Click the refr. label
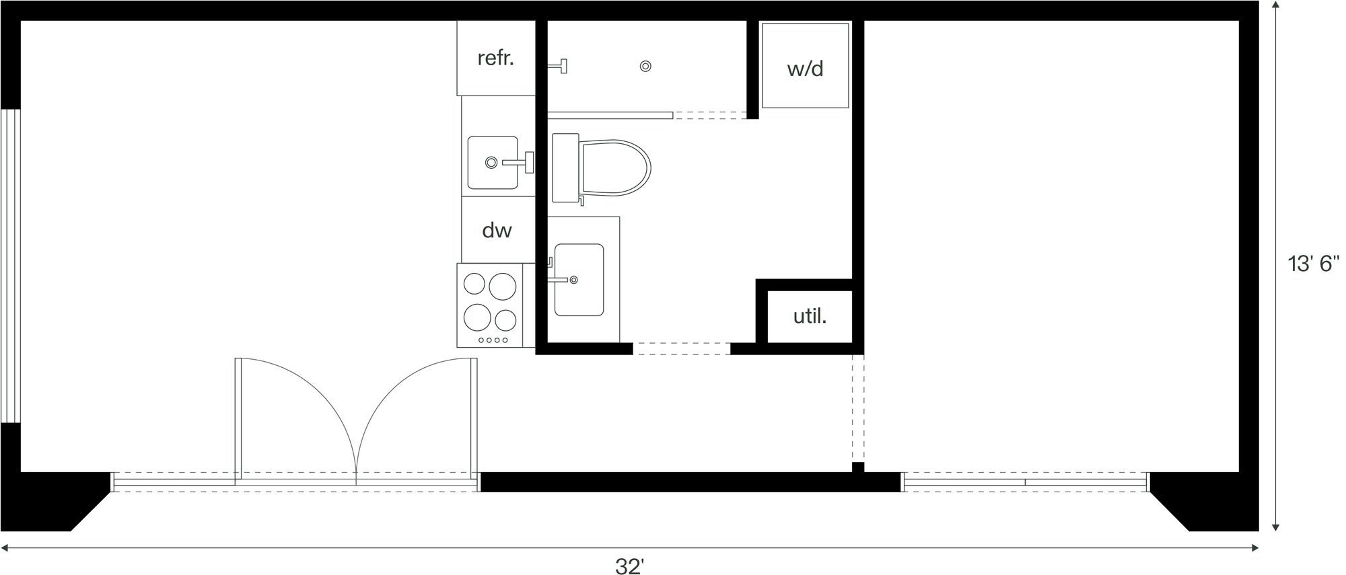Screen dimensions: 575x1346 pyautogui.click(x=495, y=59)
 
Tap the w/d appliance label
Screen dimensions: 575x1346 pyautogui.click(x=805, y=69)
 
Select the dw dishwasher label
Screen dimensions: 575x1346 pyautogui.click(x=497, y=231)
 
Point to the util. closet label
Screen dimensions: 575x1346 pyautogui.click(x=809, y=316)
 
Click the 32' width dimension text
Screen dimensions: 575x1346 pyautogui.click(x=629, y=566)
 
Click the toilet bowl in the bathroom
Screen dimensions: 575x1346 pyautogui.click(x=615, y=168)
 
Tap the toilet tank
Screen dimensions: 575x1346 pyautogui.click(x=565, y=168)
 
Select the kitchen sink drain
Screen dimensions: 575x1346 pyautogui.click(x=491, y=162)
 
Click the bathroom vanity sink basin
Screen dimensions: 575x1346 pyautogui.click(x=579, y=280)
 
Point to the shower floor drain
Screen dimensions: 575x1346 pyautogui.click(x=645, y=66)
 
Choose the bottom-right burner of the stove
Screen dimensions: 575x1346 pyautogui.click(x=505, y=317)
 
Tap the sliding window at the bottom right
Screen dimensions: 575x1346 pyautogui.click(x=1024, y=482)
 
